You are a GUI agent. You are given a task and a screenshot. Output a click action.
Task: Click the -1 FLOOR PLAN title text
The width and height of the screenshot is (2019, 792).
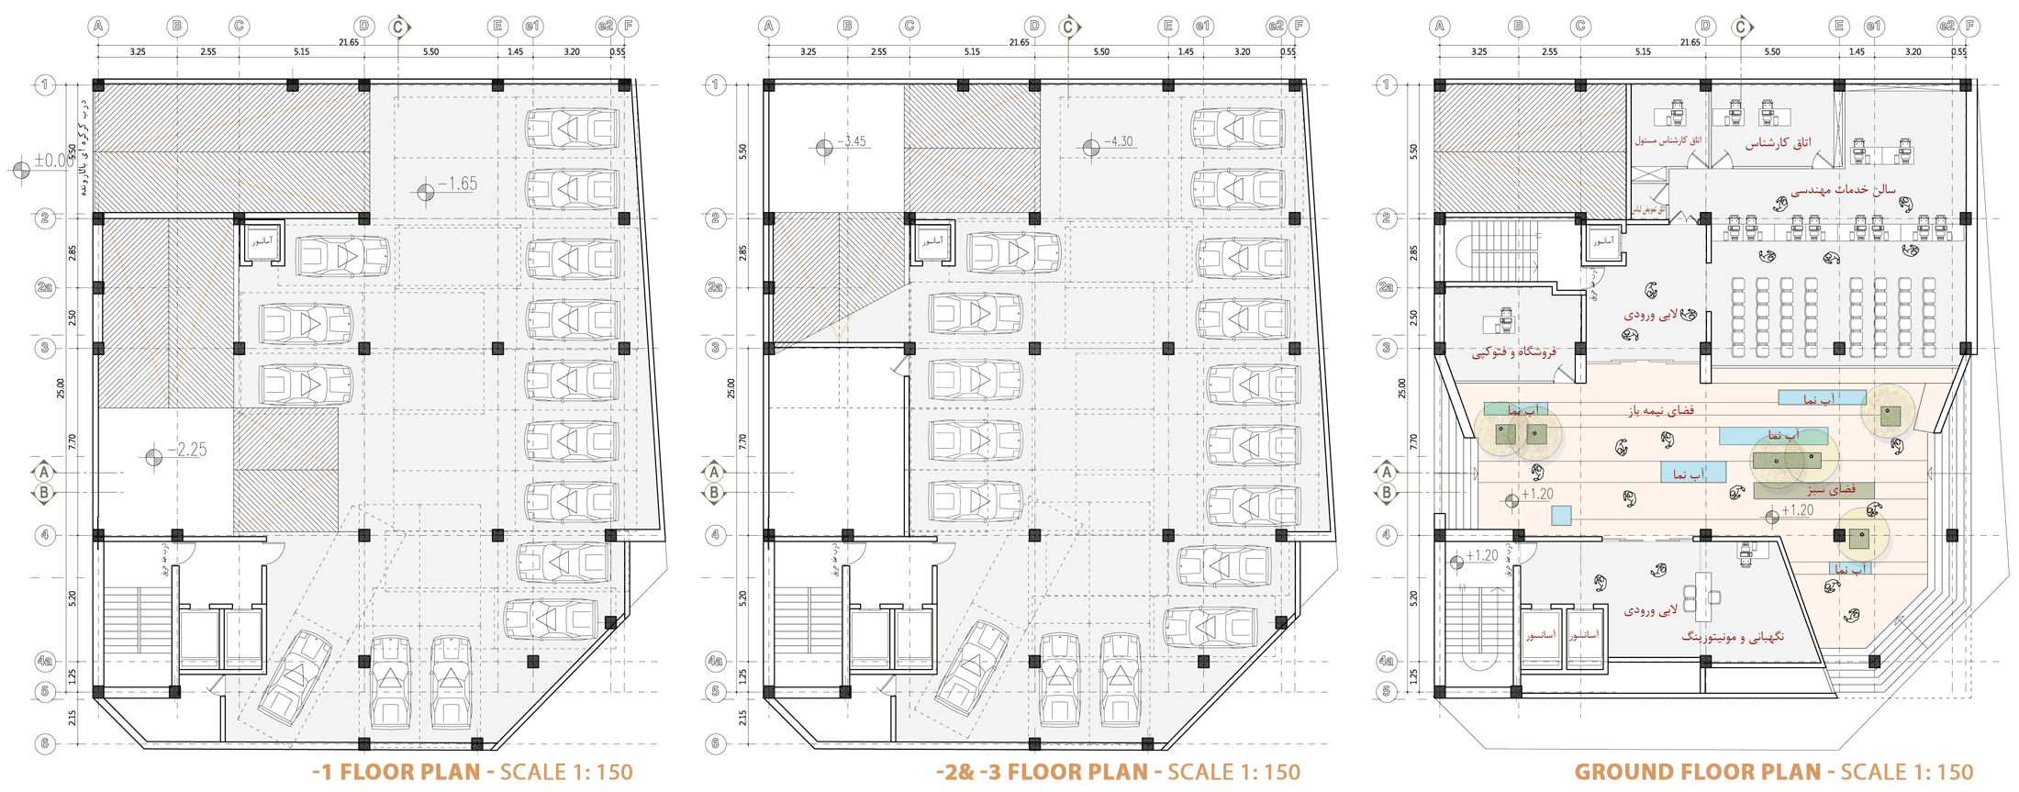(396, 772)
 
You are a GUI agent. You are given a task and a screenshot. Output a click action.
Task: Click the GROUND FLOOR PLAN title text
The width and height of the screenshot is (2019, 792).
(1697, 772)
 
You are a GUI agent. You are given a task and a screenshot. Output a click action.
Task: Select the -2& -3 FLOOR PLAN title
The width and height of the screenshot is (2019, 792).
(1041, 772)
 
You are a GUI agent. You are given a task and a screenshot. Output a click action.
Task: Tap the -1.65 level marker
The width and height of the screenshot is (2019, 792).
(456, 184)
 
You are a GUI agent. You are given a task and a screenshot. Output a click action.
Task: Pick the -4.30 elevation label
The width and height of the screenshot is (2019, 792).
(1117, 141)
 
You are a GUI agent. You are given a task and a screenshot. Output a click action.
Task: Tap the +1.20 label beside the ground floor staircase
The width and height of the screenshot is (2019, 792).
(1481, 556)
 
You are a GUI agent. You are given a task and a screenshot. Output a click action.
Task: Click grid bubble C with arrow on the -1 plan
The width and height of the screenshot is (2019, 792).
(398, 27)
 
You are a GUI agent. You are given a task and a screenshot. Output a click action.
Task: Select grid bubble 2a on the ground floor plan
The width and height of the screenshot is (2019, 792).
(1386, 287)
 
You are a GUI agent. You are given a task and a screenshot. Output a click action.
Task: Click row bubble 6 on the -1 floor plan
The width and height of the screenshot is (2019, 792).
(44, 743)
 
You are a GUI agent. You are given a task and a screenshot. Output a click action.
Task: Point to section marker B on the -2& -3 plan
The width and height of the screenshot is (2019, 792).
(714, 493)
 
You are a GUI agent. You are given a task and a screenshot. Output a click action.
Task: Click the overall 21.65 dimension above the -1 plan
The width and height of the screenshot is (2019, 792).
(349, 42)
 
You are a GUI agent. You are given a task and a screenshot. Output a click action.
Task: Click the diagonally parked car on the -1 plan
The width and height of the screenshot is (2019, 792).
(296, 677)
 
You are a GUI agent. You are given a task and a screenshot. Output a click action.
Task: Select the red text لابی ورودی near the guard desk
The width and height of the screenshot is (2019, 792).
(1650, 609)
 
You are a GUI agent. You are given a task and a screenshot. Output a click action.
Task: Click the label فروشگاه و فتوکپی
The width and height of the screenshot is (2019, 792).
(1514, 352)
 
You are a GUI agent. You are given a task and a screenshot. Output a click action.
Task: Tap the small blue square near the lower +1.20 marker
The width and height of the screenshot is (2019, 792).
(1560, 516)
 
